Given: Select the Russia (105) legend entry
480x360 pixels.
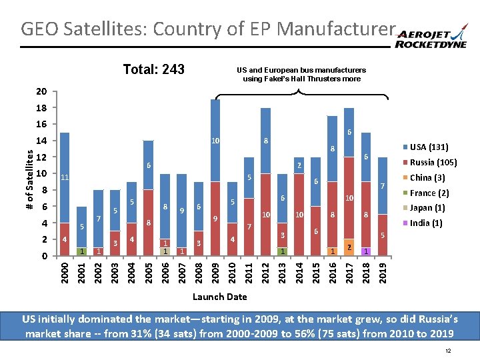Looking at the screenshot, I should (x=429, y=163).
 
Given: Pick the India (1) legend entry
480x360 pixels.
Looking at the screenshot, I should (x=425, y=223).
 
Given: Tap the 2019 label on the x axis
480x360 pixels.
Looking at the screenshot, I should (x=383, y=271).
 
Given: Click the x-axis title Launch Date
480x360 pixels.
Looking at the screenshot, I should (x=219, y=297).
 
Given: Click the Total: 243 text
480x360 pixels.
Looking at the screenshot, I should (x=153, y=70).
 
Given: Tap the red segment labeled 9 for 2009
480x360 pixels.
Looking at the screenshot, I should (x=215, y=218).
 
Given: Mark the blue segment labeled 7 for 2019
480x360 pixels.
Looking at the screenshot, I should (x=383, y=186).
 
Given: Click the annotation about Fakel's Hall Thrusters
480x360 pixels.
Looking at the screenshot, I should (x=301, y=74).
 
